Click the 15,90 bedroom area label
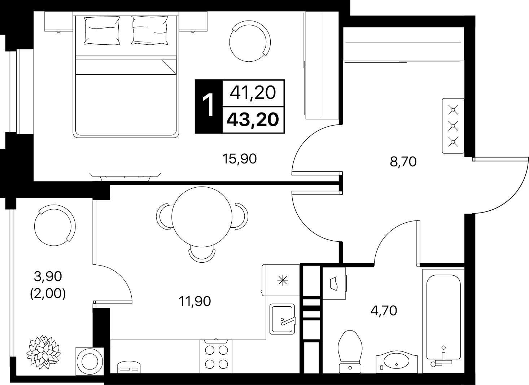[x=240, y=159]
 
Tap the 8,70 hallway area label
[x=403, y=162]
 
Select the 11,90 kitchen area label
[x=195, y=301]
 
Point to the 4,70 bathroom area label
[x=384, y=311]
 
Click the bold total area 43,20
[x=253, y=119]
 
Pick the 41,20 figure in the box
[x=253, y=93]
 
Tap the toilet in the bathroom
[x=350, y=352]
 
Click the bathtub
[x=443, y=321]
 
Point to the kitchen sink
[x=283, y=319]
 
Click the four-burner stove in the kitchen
[x=216, y=356]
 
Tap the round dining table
[x=202, y=217]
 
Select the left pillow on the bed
[x=102, y=30]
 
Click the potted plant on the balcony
[x=43, y=352]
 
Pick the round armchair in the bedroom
[x=250, y=41]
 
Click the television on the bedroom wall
[x=125, y=176]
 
